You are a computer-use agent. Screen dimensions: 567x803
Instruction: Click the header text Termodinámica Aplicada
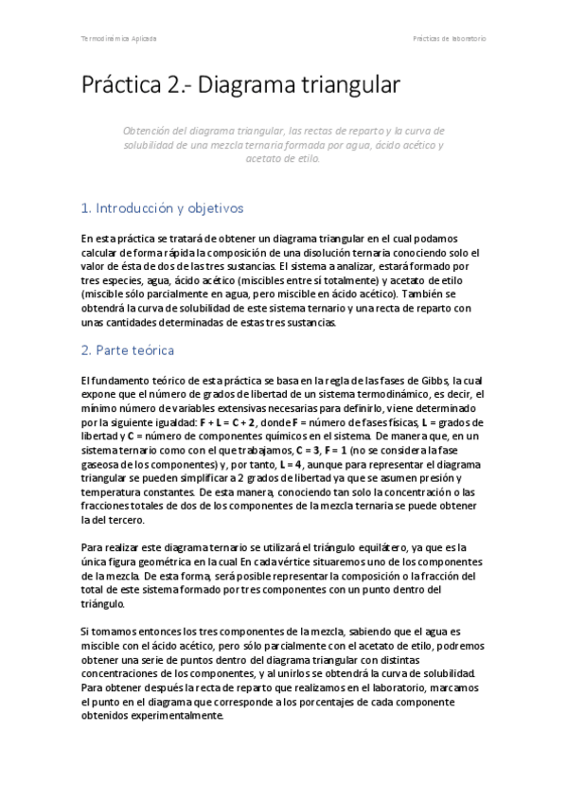119,39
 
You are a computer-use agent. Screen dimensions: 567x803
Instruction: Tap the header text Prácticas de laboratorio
449,39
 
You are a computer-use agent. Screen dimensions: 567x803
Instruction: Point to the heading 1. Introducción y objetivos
162,207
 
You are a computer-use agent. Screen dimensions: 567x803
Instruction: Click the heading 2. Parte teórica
128,350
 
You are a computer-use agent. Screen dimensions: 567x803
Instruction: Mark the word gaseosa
100,466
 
